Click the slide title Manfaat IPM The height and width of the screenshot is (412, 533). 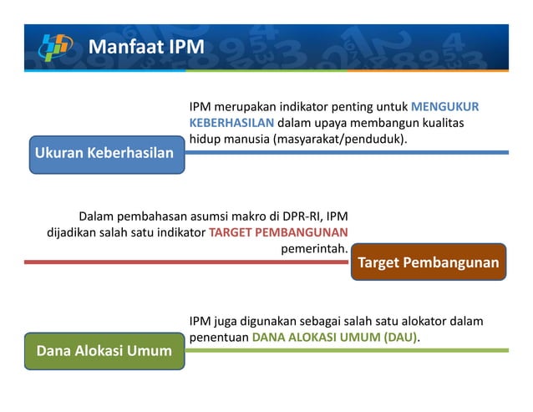(145, 46)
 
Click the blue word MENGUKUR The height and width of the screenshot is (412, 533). (445, 107)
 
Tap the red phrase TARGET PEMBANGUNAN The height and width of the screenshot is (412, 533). (279, 232)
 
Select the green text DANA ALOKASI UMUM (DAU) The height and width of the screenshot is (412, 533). (336, 338)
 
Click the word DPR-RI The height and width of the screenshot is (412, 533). (296, 216)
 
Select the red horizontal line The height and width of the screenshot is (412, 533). (184, 262)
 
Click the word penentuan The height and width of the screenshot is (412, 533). (219, 338)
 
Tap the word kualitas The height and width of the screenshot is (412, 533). (442, 123)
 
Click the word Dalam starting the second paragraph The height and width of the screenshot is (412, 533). (97, 216)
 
